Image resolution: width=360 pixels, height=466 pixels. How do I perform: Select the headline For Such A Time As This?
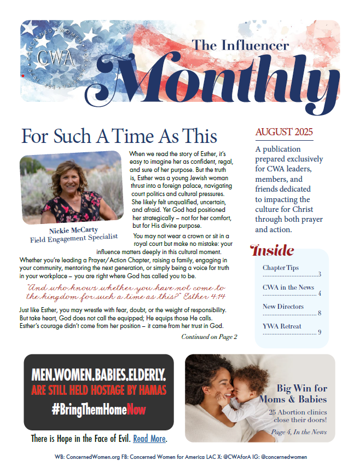[x=119, y=136]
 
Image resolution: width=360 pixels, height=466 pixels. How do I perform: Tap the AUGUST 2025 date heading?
[x=283, y=132]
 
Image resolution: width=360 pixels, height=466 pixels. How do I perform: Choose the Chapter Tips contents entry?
[x=281, y=268]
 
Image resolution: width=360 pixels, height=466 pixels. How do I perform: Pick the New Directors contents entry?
[x=283, y=307]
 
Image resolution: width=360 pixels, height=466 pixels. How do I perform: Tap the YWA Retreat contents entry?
[x=282, y=326]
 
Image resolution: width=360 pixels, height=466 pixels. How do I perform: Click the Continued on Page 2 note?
[x=209, y=337]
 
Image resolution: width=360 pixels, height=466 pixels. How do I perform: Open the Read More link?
[x=149, y=439]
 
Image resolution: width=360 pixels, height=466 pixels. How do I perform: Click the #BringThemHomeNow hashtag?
[x=99, y=410]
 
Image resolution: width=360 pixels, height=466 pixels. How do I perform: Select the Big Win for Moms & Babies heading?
[x=301, y=394]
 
